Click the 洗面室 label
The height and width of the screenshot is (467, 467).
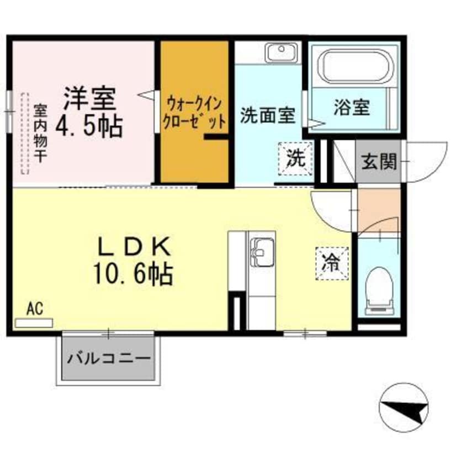[x=268, y=115]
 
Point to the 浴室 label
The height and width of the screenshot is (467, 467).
[x=352, y=108]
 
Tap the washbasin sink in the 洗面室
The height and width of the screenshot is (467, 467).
[x=281, y=53]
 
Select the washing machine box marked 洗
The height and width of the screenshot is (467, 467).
[x=295, y=158]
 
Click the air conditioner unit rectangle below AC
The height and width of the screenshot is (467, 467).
[x=34, y=323]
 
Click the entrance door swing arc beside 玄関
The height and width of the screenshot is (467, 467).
[x=428, y=162]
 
